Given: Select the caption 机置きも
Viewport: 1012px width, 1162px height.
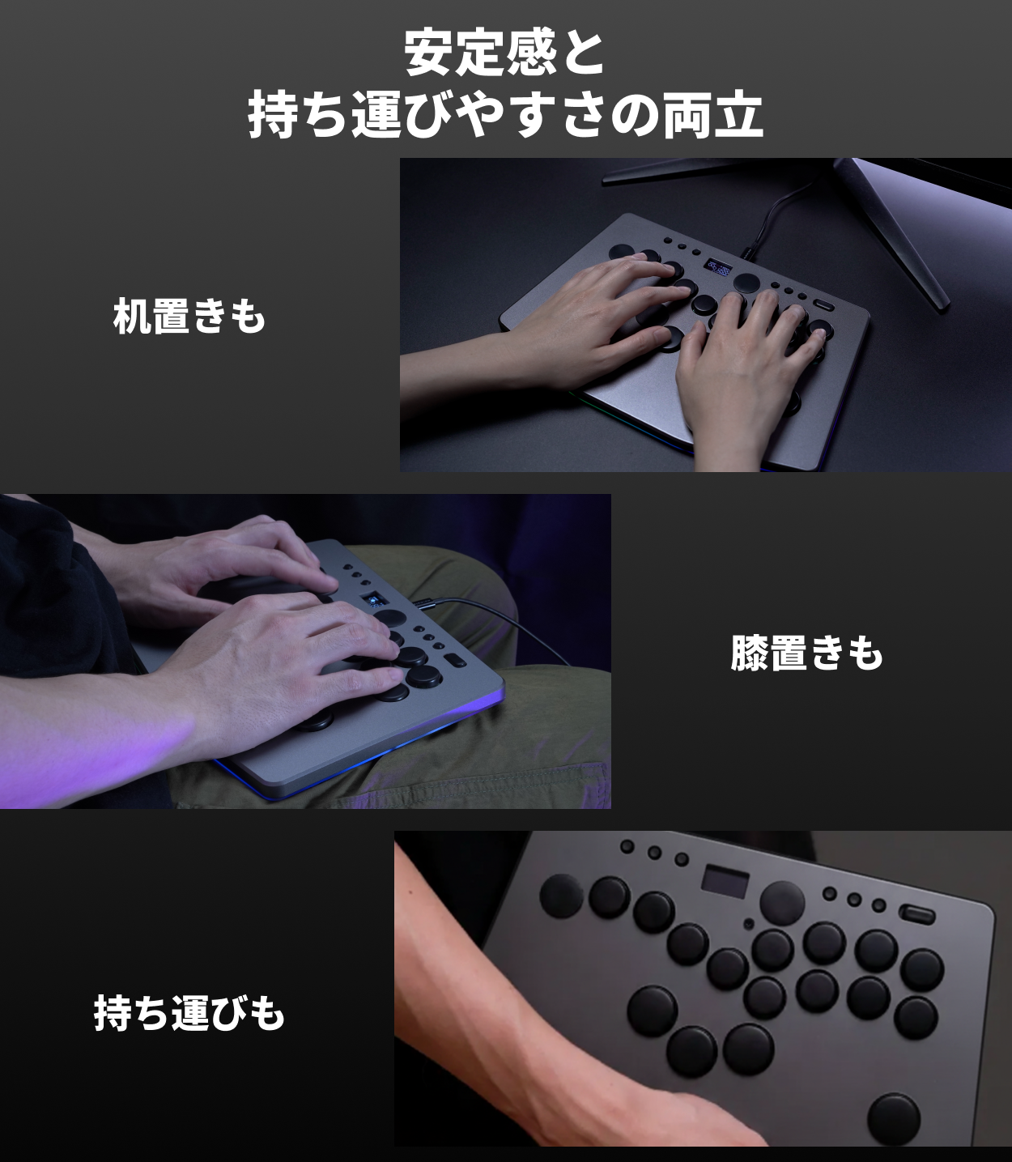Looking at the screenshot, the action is coord(189,317).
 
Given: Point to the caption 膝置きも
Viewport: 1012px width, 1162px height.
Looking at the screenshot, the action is coord(806,653).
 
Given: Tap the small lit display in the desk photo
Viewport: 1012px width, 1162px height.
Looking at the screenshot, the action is coord(718,267).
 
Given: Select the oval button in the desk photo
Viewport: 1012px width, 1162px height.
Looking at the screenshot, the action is coord(825,305).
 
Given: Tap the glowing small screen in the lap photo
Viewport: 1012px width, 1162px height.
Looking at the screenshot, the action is coord(372,601).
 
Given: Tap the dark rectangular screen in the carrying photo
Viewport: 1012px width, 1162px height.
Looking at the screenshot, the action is coord(725,881).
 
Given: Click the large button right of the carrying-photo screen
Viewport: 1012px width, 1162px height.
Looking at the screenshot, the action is coord(783,903).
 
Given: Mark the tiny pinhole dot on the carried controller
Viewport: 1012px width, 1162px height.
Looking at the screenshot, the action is coord(750,923).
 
